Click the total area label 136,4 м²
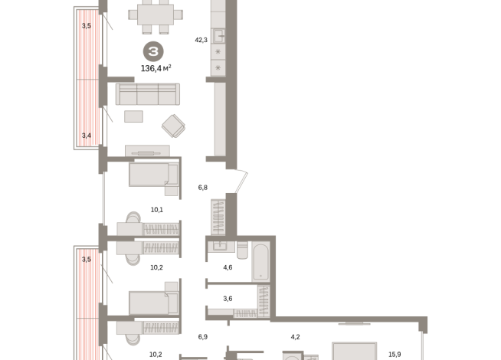[156, 68]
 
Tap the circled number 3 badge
[153, 51]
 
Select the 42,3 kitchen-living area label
[201, 40]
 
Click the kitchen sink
[218, 35]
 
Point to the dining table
[156, 15]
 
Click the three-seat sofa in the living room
[148, 94]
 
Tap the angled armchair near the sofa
[173, 126]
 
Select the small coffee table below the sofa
[133, 116]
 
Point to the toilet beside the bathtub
[242, 250]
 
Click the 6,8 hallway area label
[203, 188]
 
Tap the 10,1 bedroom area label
[157, 210]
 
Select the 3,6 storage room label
[228, 299]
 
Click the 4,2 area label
[295, 337]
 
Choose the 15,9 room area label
[395, 354]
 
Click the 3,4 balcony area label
[87, 136]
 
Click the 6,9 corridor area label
[203, 337]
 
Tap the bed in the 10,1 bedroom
[154, 175]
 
